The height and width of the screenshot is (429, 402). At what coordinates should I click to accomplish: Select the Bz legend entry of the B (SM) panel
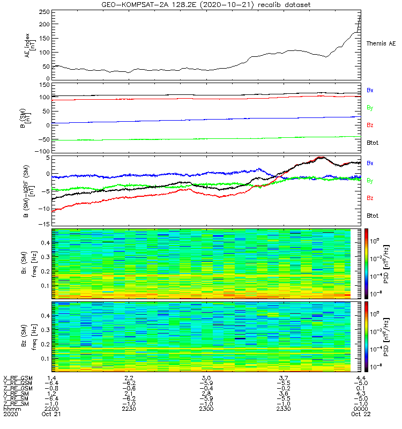370,125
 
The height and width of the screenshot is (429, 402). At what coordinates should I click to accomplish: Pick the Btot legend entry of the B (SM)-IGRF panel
371,216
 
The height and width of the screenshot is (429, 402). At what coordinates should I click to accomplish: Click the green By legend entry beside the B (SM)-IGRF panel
370,181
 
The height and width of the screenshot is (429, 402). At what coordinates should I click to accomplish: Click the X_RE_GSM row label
18,378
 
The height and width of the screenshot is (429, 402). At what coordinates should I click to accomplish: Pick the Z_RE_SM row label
17,404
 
